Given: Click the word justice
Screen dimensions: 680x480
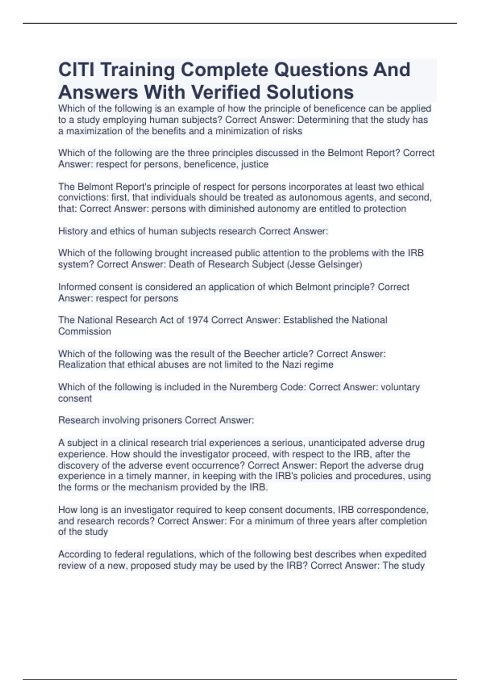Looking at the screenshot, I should [254, 164].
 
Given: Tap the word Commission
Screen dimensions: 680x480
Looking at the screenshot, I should [84, 331].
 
